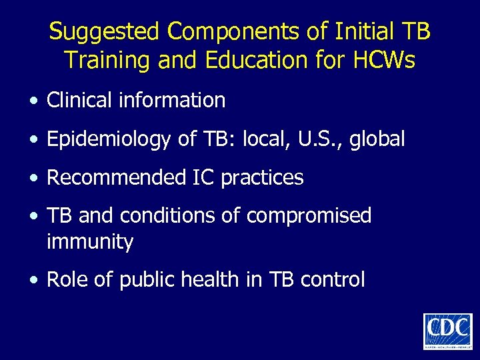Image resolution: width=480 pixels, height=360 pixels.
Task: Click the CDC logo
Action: [447, 331]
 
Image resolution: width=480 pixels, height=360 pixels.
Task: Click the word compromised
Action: [309, 216]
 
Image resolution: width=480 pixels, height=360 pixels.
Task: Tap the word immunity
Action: [90, 242]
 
